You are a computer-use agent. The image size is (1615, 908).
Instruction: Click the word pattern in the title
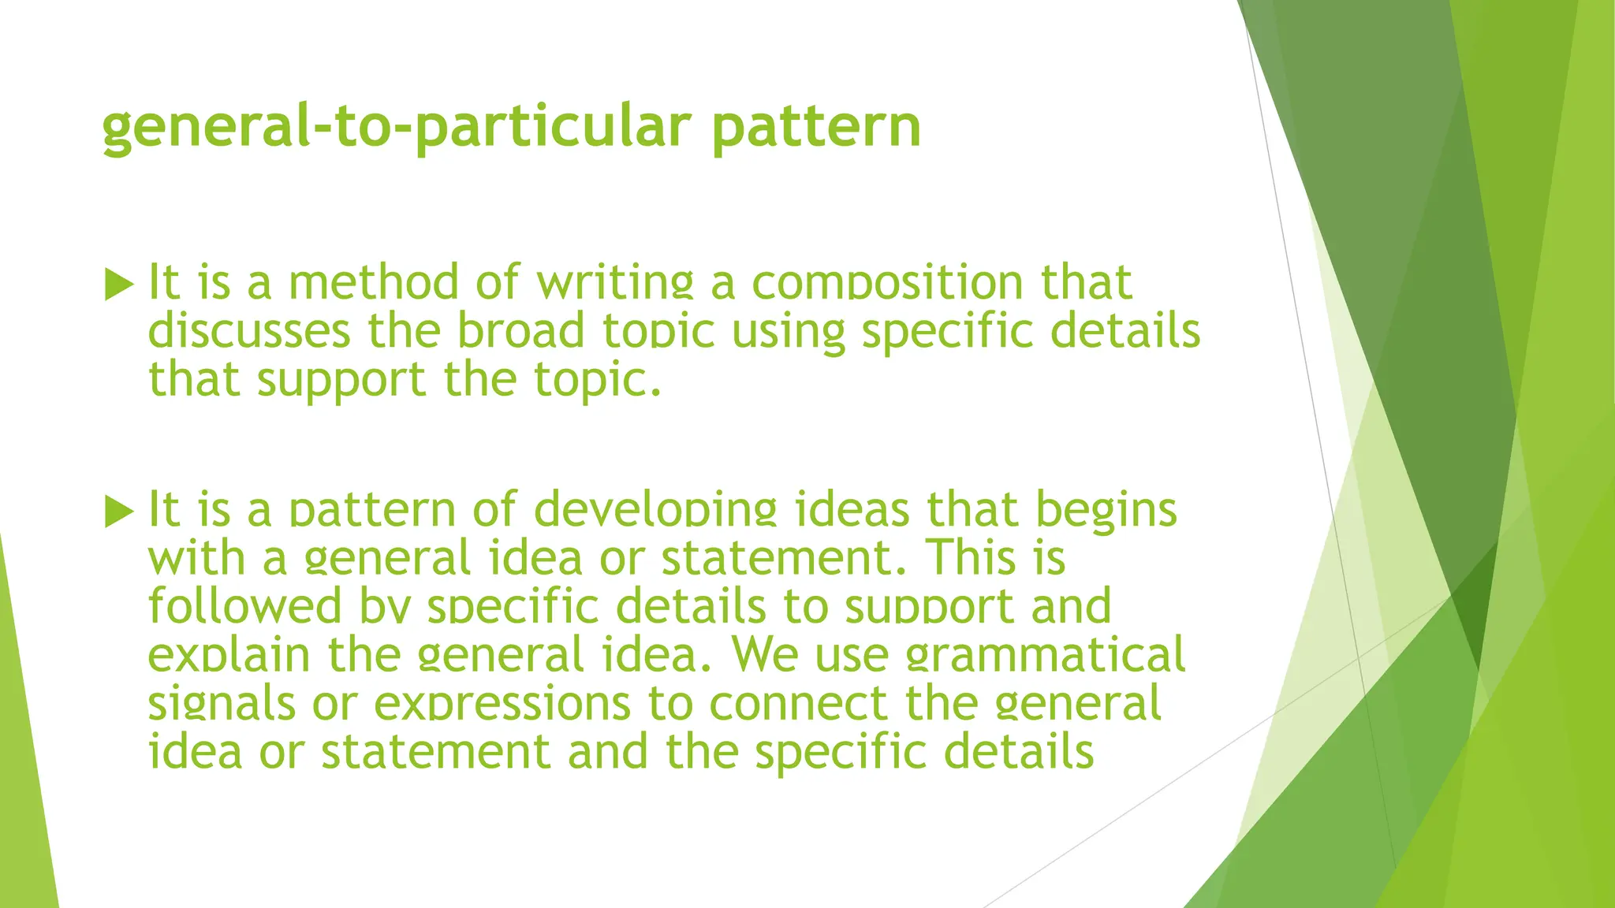tap(815, 128)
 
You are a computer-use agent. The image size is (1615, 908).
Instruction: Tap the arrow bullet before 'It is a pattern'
tap(119, 512)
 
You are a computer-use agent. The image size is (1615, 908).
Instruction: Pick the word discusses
tap(249, 331)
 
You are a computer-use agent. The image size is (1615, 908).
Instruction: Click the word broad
tap(521, 331)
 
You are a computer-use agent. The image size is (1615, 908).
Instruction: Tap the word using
tap(788, 331)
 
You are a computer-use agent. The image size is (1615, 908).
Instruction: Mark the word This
tap(971, 558)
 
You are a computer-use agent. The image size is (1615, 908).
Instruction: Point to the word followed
tap(244, 606)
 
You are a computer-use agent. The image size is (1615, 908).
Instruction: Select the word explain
tap(229, 655)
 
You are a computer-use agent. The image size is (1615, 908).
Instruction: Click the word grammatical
tap(1045, 655)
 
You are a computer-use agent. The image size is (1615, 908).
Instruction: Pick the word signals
tap(222, 703)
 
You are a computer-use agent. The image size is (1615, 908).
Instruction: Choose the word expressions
tap(502, 703)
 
